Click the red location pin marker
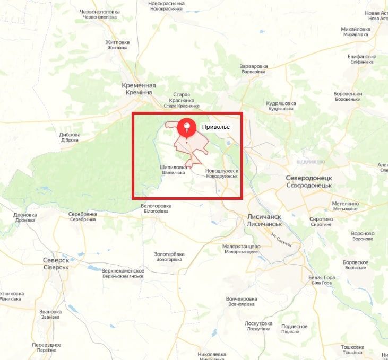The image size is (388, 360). (x=186, y=127)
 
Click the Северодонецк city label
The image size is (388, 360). (x=308, y=181)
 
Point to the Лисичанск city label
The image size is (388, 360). (x=264, y=221)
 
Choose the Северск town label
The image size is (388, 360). (x=56, y=264)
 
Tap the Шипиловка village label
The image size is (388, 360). (x=173, y=169)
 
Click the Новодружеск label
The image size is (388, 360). (x=222, y=173)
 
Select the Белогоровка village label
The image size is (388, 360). (x=156, y=208)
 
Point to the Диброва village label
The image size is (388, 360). (x=70, y=137)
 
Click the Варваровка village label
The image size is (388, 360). (x=253, y=68)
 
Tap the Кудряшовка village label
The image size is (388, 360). (x=281, y=106)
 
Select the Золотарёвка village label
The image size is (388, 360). (x=169, y=257)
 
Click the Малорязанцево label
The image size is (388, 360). (x=242, y=249)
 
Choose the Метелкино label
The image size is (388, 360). (x=345, y=206)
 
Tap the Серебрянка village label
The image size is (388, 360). (x=83, y=216)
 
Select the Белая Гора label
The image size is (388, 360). (x=322, y=280)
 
